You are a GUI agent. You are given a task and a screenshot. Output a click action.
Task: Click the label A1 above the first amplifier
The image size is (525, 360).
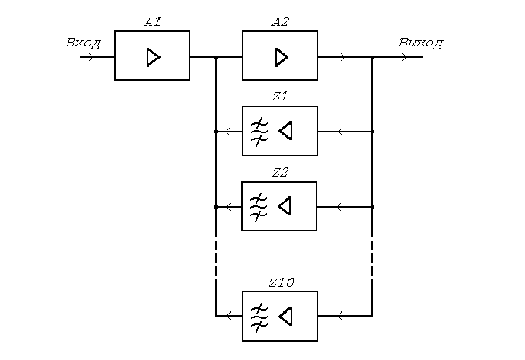point(152,22)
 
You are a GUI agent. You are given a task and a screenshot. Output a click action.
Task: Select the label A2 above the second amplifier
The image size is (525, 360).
point(280,22)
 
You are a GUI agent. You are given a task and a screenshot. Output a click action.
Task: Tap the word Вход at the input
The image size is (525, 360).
point(83,43)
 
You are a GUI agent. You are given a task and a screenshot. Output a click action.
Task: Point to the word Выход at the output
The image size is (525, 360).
point(420,43)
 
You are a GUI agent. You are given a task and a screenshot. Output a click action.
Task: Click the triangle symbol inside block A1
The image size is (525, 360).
point(154,56)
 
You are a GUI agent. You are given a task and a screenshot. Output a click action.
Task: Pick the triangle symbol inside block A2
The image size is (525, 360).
point(282,56)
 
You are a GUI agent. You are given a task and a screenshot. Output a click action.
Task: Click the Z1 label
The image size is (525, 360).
point(279,97)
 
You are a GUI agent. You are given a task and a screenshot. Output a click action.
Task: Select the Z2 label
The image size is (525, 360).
point(279,172)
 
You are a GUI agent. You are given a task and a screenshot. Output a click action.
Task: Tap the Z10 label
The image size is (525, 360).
point(281,282)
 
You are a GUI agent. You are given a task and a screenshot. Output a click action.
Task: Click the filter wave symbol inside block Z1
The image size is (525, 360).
point(260,131)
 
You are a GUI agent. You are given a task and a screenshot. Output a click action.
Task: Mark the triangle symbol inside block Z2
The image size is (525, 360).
point(285,206)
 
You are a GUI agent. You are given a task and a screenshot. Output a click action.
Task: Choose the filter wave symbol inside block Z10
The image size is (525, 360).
point(260,314)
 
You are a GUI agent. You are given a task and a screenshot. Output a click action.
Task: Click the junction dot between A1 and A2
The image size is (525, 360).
point(216,57)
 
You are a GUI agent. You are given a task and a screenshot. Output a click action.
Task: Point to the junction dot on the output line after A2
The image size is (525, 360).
point(372,57)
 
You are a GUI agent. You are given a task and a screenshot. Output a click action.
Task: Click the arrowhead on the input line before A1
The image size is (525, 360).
point(91,57)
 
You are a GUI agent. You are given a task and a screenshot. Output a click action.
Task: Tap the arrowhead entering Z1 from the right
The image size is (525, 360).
point(340,132)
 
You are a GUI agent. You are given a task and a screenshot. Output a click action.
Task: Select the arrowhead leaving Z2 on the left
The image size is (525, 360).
point(229,206)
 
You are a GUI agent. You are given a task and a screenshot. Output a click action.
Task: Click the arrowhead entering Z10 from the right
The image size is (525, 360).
point(340,314)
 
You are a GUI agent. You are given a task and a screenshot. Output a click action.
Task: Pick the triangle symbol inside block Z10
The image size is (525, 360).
point(285,314)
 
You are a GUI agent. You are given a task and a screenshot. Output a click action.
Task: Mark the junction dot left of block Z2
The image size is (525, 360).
point(216,206)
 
